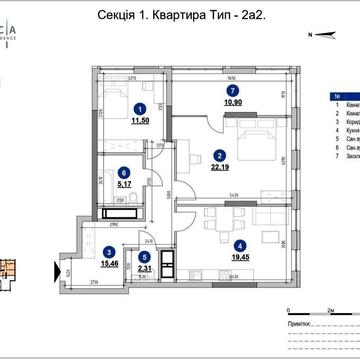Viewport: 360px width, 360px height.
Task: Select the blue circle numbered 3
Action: (108, 252)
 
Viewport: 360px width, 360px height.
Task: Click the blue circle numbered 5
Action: (145, 255)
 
